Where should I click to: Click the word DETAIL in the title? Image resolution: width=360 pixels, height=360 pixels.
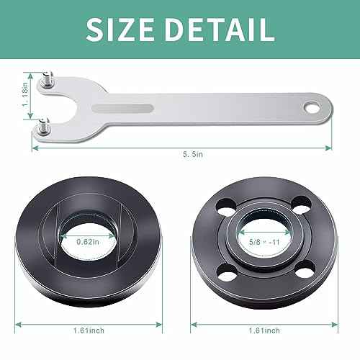(219, 28)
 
